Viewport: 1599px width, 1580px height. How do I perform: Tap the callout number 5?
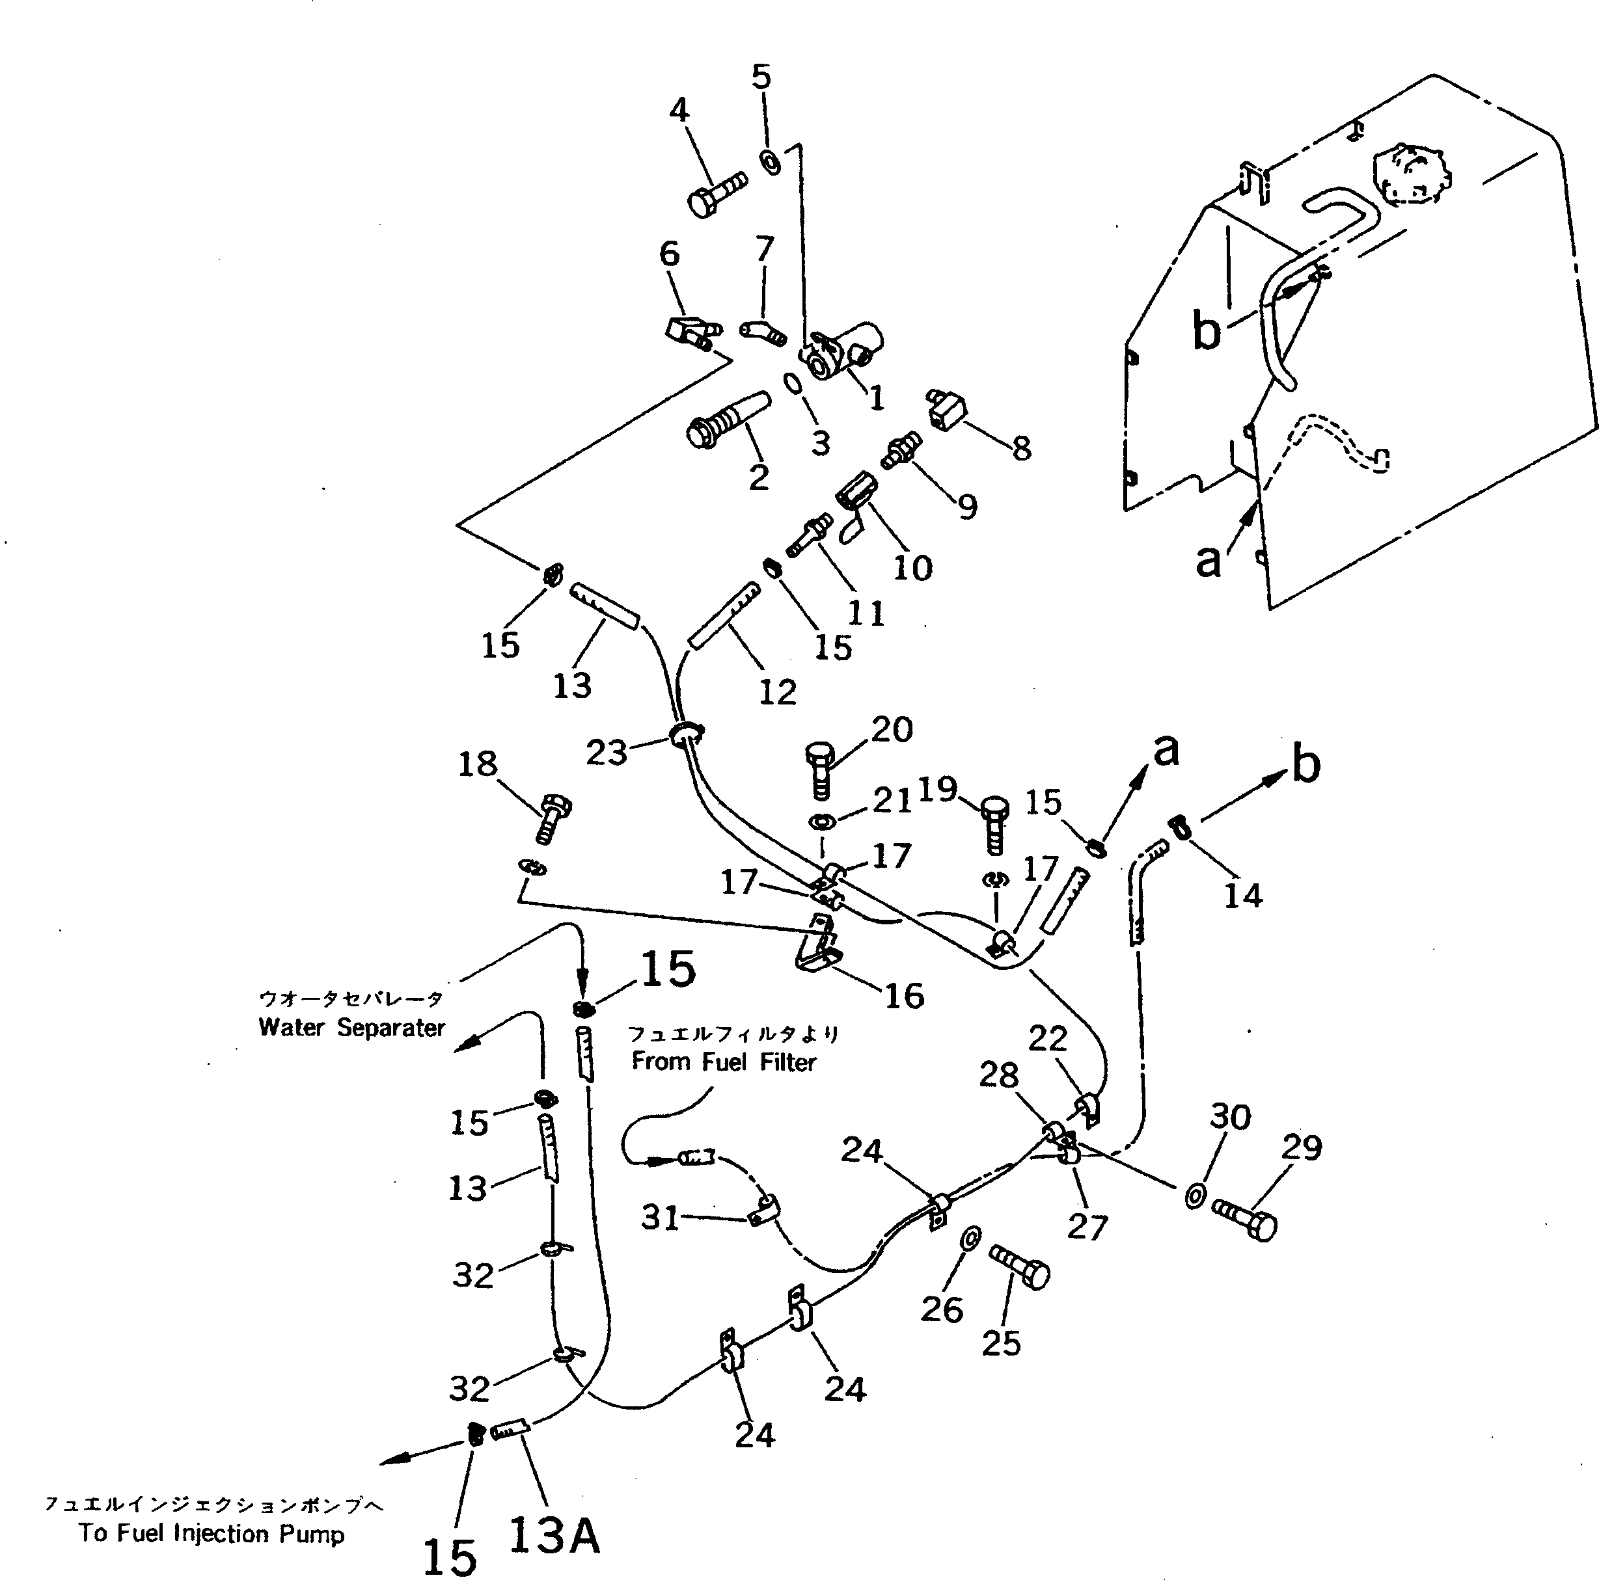coord(761,77)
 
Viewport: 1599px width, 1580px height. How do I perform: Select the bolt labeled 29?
coord(1246,1218)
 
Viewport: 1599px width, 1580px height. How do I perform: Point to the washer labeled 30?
coord(1194,1196)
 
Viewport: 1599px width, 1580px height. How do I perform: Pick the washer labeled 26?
coord(970,1239)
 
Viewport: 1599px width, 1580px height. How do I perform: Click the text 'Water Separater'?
coord(351,1027)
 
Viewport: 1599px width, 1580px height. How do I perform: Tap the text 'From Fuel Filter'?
coord(724,1062)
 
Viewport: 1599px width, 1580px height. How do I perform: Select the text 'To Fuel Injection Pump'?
coord(212,1534)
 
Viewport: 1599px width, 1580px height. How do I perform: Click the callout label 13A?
coord(554,1536)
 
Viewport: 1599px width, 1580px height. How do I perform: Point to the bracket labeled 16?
coord(817,946)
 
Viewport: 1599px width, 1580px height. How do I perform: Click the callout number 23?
coord(607,753)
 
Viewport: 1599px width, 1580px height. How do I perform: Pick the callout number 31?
coord(661,1217)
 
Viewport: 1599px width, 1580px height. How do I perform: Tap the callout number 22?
coord(1048,1039)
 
